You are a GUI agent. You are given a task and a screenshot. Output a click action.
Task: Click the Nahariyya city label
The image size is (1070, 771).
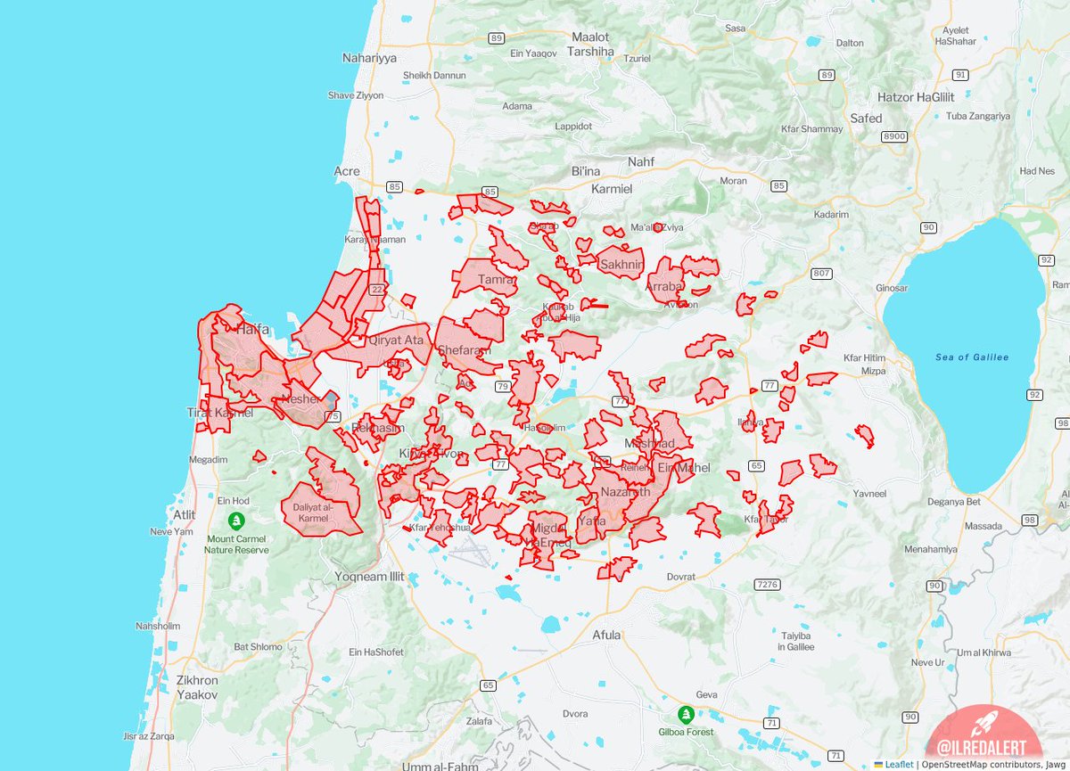point(368,58)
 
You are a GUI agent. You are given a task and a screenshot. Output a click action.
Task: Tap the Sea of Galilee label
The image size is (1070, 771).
point(972,357)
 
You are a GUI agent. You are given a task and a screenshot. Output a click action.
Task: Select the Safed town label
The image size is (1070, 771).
point(866,119)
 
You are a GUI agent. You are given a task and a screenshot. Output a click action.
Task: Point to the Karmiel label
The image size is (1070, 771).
point(612,190)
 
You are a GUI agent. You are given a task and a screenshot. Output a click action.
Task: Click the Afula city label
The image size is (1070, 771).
point(606,636)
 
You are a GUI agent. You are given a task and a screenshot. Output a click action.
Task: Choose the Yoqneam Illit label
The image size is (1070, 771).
point(369,577)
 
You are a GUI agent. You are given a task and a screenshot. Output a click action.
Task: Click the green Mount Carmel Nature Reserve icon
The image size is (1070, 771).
point(236,521)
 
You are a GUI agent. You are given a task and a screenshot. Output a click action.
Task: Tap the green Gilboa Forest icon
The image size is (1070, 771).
point(686,714)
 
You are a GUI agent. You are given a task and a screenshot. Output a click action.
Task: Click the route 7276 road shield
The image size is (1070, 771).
point(766,585)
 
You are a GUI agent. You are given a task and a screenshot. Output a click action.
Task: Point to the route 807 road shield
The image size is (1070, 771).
point(820,273)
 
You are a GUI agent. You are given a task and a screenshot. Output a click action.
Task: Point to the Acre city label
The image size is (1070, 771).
point(346,171)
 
